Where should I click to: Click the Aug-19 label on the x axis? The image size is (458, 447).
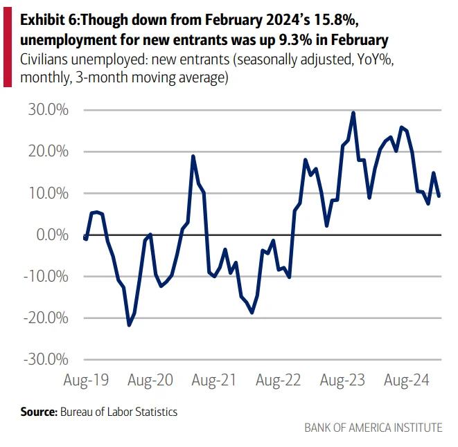click(x=85, y=380)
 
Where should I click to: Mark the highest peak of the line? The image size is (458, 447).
click(x=353, y=113)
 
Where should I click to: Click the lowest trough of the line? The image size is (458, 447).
click(x=129, y=325)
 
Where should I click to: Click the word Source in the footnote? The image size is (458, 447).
click(x=37, y=412)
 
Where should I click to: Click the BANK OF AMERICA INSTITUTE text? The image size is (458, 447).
click(x=373, y=428)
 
